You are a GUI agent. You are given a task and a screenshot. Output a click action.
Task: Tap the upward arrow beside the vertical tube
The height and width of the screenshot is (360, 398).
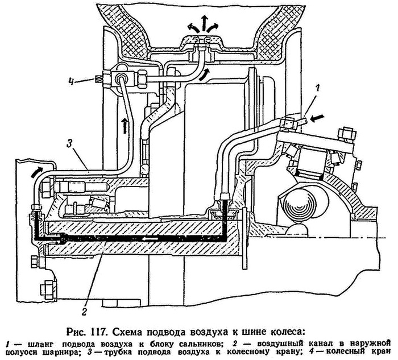pyautogui.click(x=124, y=122)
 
